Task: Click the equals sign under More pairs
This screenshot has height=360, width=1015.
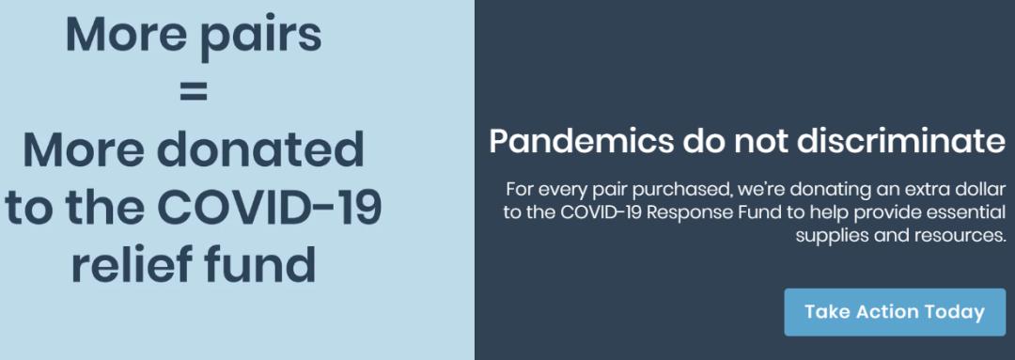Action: [195, 93]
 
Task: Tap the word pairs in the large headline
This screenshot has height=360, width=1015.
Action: [259, 38]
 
